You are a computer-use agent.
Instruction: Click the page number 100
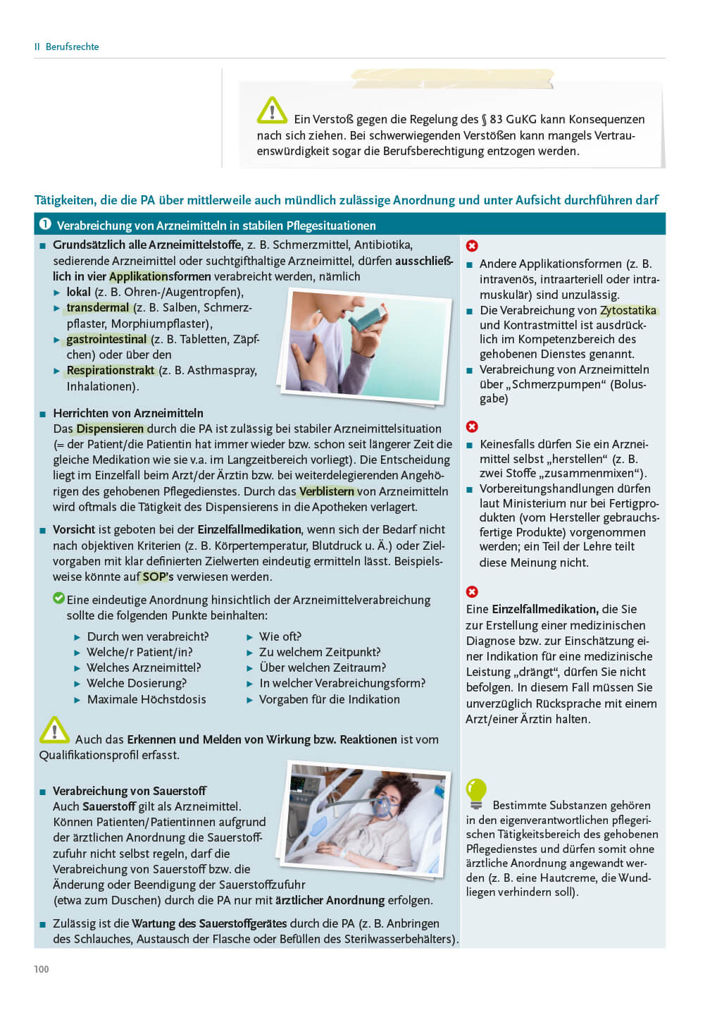click(x=42, y=969)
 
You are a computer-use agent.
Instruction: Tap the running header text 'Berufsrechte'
click(x=72, y=47)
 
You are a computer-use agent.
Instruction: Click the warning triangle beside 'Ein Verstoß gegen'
click(x=271, y=111)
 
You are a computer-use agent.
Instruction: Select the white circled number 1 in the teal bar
click(x=46, y=224)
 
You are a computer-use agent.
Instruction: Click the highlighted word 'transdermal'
click(x=98, y=308)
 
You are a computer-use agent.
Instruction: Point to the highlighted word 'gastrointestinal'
click(x=106, y=339)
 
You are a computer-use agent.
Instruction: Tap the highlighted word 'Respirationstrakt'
click(x=111, y=371)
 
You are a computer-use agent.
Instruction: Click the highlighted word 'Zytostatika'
click(x=628, y=310)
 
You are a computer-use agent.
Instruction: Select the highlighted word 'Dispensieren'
click(x=111, y=429)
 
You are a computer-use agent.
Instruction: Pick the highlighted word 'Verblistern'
click(x=327, y=491)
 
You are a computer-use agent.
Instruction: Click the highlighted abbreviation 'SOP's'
click(x=158, y=577)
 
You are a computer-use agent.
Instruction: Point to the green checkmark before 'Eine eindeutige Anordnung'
click(x=59, y=598)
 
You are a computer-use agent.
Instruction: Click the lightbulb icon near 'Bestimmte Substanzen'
click(x=476, y=793)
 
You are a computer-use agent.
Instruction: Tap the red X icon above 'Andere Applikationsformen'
click(x=472, y=245)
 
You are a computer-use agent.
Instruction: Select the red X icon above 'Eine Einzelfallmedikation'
click(x=472, y=591)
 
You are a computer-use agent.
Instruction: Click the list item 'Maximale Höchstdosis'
click(x=146, y=699)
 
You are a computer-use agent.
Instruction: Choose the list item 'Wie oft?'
click(x=280, y=636)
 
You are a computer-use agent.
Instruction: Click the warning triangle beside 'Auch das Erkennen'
click(x=54, y=730)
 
